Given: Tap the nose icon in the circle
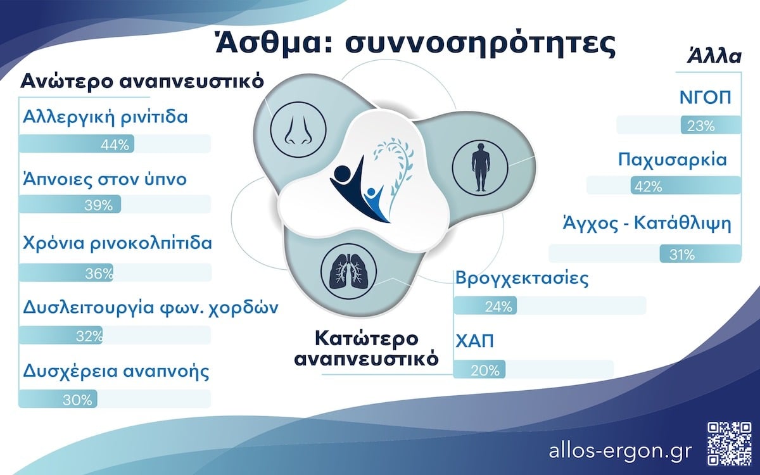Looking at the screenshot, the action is click(298, 130).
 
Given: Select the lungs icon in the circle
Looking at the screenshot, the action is click(348, 272).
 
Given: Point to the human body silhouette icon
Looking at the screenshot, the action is click(480, 167).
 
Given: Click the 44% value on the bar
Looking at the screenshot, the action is click(115, 145).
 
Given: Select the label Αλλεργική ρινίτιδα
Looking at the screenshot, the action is click(105, 118).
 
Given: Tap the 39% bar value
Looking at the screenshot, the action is click(98, 205).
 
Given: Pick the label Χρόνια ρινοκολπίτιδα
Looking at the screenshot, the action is click(117, 244).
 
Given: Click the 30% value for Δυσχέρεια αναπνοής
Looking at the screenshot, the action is click(77, 400).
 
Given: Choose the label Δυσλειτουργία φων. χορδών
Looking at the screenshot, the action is click(151, 308).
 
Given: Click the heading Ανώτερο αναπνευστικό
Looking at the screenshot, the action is click(142, 81).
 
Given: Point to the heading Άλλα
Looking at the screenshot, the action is click(714, 56).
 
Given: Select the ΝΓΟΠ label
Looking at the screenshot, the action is click(706, 98).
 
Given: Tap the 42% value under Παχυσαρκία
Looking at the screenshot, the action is click(648, 187).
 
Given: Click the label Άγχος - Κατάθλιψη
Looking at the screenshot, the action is click(647, 224).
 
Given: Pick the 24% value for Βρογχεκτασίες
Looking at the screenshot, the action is click(498, 307).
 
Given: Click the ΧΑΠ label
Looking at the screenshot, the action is click(474, 341).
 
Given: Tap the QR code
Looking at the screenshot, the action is click(730, 444).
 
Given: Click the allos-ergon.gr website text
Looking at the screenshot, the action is click(620, 451).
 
